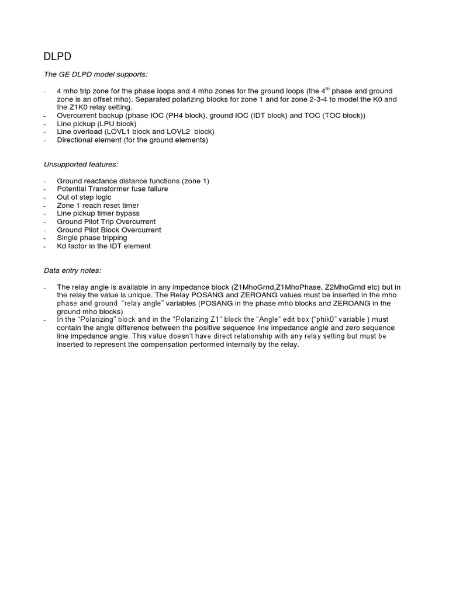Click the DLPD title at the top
[x=57, y=57]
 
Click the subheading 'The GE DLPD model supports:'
[x=96, y=75]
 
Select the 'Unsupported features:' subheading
[x=81, y=165]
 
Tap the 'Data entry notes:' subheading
[x=72, y=270]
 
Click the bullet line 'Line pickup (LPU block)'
[x=96, y=124]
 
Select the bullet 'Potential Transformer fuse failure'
[x=112, y=189]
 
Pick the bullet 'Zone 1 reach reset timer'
[x=98, y=206]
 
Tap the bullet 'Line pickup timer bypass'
[x=98, y=214]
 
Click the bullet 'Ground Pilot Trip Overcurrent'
[x=106, y=222]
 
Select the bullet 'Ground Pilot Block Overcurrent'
[x=109, y=230]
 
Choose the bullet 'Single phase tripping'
[x=92, y=238]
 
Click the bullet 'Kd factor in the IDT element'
[x=103, y=246]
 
